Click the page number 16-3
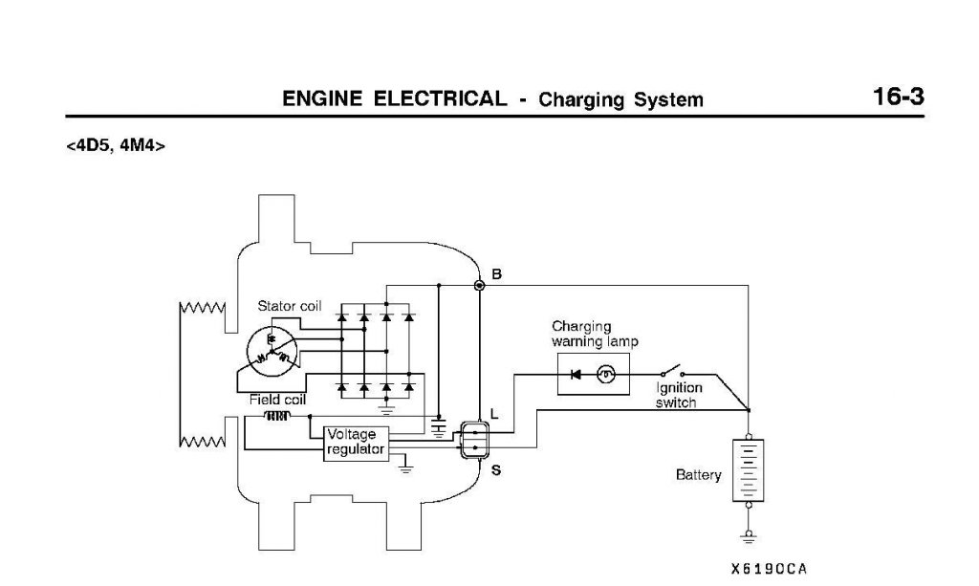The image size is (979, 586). click(898, 97)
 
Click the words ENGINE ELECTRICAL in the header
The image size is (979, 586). click(395, 98)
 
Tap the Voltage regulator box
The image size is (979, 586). click(357, 442)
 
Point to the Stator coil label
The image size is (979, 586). click(290, 306)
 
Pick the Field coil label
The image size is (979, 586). click(277, 400)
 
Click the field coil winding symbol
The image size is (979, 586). click(277, 416)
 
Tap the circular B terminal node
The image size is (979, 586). click(480, 285)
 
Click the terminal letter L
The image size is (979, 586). click(494, 414)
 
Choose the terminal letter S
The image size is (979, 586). click(495, 470)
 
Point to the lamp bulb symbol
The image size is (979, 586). click(605, 375)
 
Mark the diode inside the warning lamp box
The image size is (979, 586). click(576, 375)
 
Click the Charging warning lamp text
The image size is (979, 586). click(595, 334)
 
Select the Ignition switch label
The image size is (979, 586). click(679, 395)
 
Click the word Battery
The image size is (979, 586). click(699, 474)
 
